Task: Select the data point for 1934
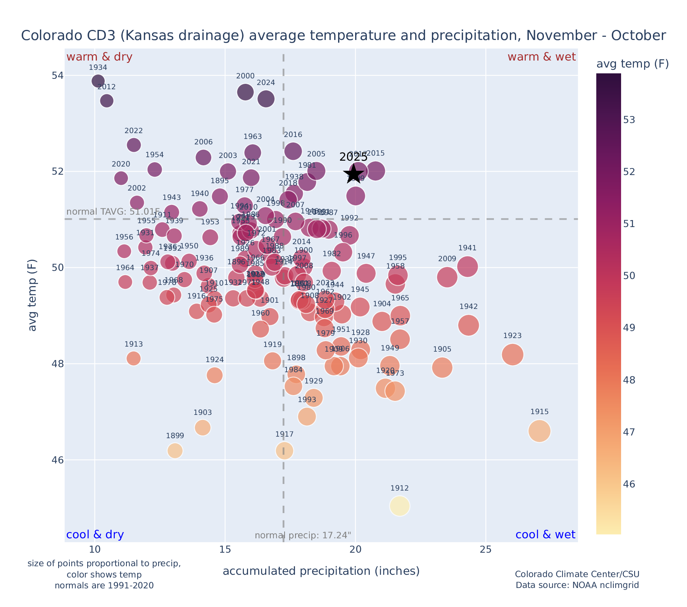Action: [98, 81]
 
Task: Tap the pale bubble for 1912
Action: [400, 506]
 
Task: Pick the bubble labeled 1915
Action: [539, 431]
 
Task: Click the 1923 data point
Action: [513, 354]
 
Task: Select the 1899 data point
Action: [175, 450]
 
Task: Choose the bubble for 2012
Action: [107, 101]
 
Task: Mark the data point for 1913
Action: [133, 358]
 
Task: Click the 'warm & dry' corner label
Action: [99, 57]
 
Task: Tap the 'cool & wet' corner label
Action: [545, 535]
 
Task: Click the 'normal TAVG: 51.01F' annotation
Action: [113, 212]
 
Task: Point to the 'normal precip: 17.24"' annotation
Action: [303, 536]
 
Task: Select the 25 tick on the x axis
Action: [486, 550]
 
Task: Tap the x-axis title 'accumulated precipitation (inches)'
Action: [321, 571]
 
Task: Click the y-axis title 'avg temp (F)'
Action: [33, 295]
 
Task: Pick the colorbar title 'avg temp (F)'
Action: [632, 64]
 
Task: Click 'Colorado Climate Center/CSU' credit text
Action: [577, 574]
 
